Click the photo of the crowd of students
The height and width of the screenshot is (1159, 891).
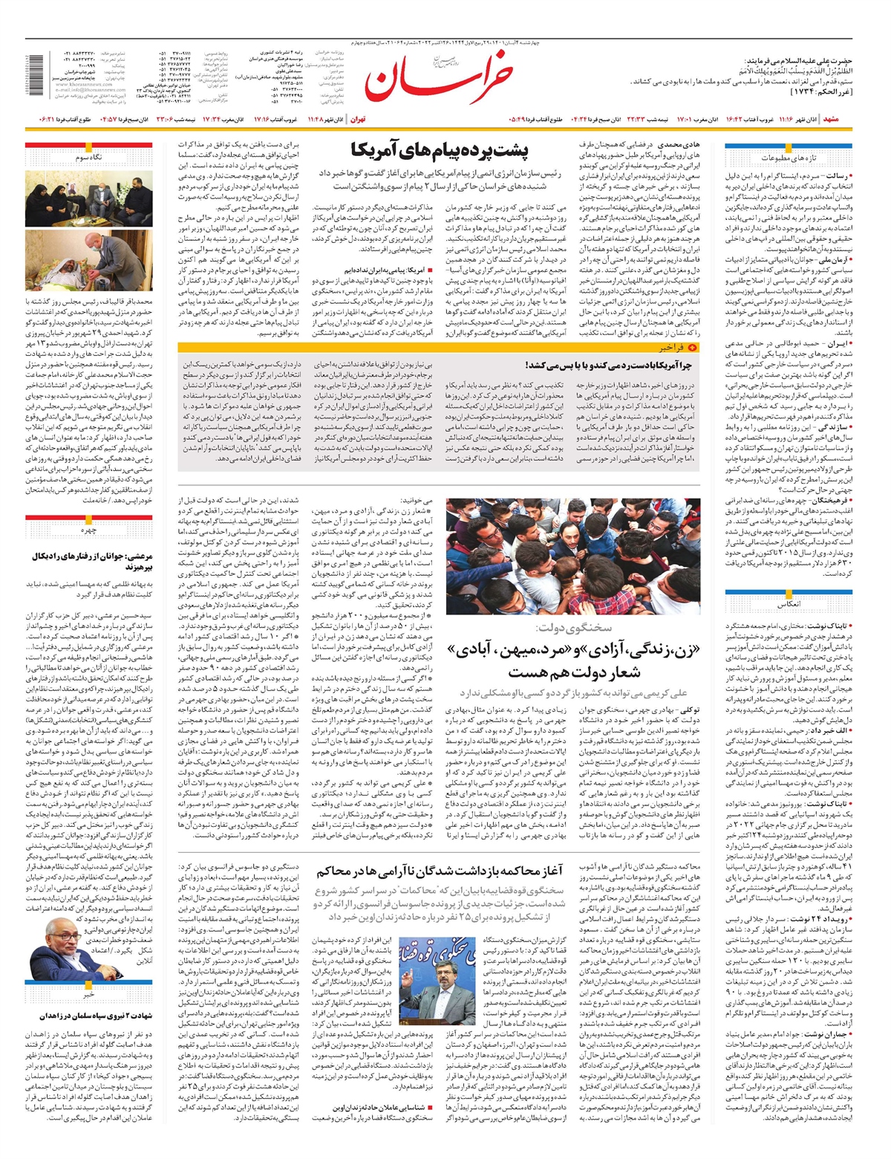(572, 556)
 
